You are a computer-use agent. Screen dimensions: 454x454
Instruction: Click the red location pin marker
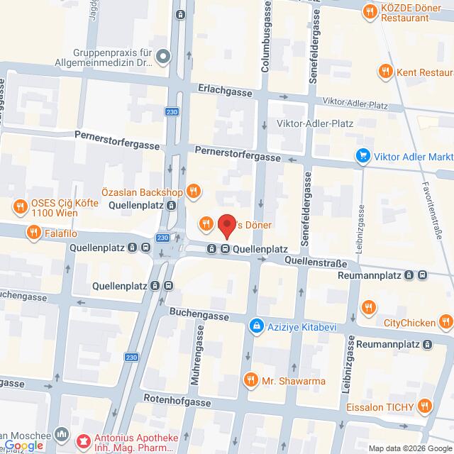227,226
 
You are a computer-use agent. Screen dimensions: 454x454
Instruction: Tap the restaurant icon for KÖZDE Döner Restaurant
369,11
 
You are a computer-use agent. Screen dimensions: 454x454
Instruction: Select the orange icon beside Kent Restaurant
385,71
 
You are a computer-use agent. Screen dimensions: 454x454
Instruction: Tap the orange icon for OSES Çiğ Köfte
18,207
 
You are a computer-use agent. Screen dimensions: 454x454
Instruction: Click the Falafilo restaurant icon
33,231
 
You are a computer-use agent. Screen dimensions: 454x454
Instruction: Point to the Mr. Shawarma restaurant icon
249,381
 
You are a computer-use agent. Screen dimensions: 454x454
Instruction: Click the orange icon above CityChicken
367,307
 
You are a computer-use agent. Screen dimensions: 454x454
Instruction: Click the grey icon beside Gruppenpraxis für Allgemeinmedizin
163,55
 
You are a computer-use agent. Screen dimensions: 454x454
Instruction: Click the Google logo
23,445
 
